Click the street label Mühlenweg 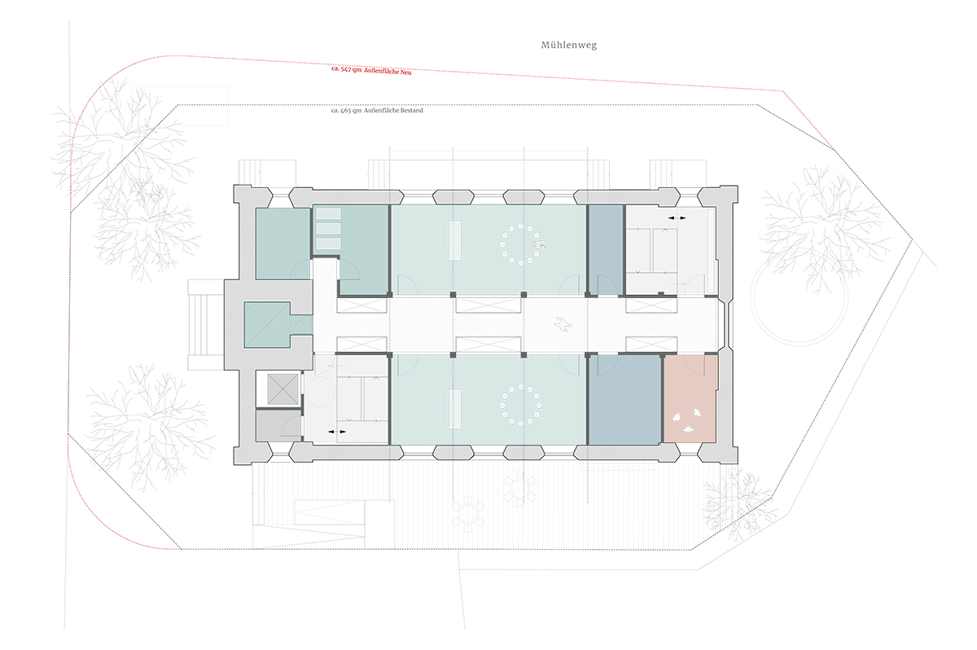coord(569,45)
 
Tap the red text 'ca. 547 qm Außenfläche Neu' coord(371,71)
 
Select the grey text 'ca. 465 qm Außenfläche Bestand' coord(377,110)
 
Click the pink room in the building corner coord(691,399)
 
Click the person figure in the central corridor coord(563,324)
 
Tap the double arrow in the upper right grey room coord(677,217)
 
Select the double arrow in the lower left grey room coord(337,432)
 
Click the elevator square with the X coord(283,389)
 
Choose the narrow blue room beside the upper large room coord(607,250)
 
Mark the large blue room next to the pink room coord(624,400)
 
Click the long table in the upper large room coord(455,240)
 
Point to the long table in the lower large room coord(455,409)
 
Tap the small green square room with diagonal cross coord(267,324)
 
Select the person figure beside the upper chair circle coord(540,245)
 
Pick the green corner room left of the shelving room coord(283,244)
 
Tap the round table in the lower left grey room coord(320,391)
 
